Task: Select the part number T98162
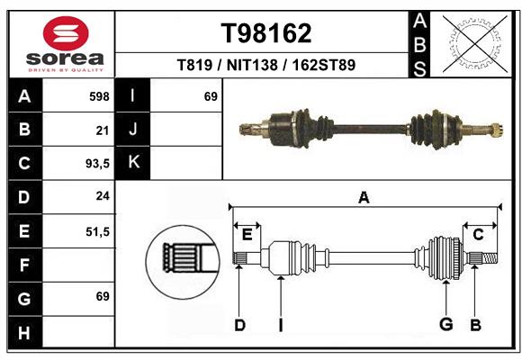tap(266, 33)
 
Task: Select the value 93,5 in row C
tap(96, 164)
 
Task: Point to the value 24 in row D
tap(103, 196)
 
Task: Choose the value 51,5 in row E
tap(96, 231)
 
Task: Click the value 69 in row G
tap(103, 296)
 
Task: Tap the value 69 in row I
tap(211, 96)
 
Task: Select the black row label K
tap(134, 163)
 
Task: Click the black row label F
tap(24, 265)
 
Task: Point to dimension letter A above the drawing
tap(364, 198)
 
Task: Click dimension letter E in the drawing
tap(247, 235)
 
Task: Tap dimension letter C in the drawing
tap(478, 235)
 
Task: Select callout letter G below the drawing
tap(444, 325)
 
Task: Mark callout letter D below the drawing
tap(239, 325)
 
